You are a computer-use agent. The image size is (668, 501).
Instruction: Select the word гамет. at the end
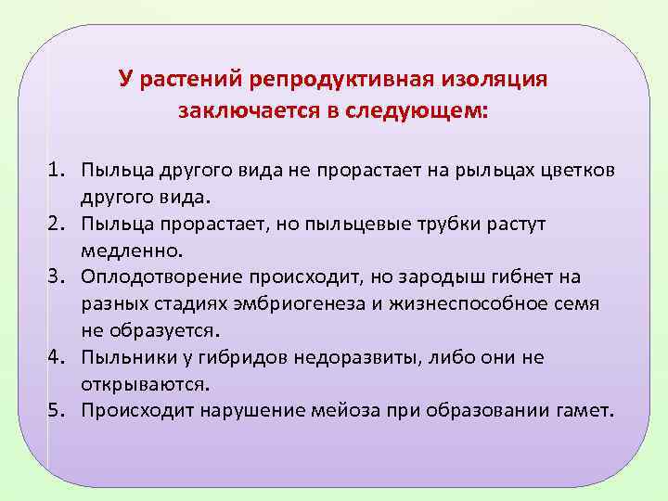(x=586, y=410)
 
